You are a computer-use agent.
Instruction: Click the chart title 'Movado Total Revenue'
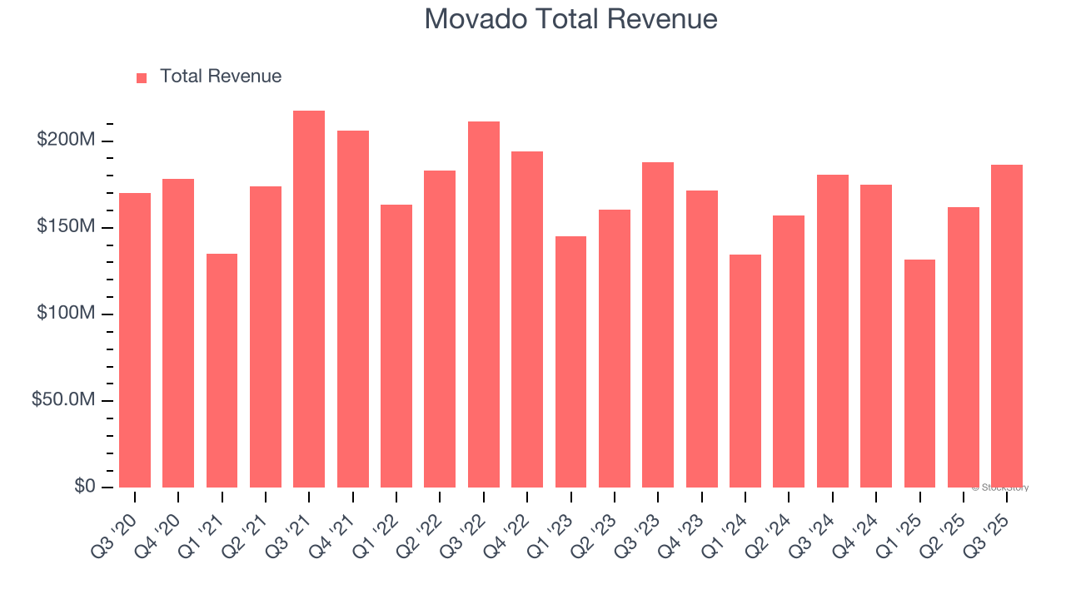570,18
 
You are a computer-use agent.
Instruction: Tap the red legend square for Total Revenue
142,77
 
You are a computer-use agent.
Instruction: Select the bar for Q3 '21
309,299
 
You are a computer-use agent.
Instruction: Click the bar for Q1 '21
222,370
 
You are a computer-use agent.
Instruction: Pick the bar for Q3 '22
484,304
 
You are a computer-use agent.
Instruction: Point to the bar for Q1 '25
919,374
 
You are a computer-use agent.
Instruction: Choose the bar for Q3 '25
1007,326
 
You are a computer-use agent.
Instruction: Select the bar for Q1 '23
570,362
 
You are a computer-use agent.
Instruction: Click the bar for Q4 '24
876,336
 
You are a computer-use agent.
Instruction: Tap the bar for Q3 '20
135,340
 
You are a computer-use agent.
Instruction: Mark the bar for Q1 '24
745,371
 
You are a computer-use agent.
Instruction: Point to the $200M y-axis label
66,140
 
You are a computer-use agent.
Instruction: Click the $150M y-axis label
66,227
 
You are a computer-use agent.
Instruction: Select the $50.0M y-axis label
63,400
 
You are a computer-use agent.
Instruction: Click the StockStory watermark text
1000,488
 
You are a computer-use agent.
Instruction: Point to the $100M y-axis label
66,314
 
